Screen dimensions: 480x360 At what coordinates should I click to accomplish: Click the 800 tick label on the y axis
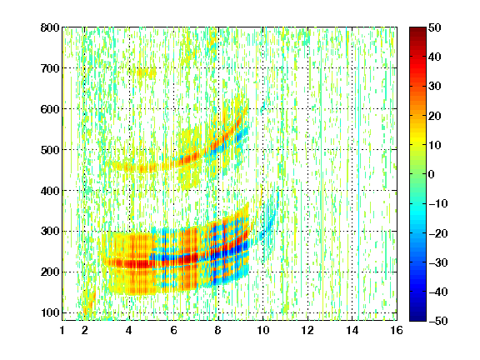click(50, 27)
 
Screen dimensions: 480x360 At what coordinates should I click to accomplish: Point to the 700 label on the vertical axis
click(50, 68)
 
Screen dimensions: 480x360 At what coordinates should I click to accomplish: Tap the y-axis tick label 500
click(50, 150)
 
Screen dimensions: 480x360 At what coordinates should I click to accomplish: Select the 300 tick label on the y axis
click(50, 231)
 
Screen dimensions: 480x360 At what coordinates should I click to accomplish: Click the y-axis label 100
click(50, 312)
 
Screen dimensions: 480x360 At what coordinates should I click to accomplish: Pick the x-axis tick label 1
click(62, 330)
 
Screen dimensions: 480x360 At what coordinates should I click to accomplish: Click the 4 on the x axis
click(129, 330)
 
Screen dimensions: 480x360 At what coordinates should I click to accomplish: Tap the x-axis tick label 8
click(218, 330)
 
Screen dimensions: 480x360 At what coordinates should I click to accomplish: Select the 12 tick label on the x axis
click(307, 330)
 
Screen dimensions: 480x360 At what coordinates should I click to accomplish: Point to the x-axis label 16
click(397, 330)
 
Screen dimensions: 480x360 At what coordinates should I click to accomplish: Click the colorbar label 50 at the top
click(435, 27)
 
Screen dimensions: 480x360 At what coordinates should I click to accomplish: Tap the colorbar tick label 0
click(432, 174)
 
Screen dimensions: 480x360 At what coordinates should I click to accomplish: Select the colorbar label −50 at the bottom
click(438, 321)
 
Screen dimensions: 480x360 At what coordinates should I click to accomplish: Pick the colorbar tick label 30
click(435, 87)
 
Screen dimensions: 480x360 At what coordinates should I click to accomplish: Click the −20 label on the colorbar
click(438, 233)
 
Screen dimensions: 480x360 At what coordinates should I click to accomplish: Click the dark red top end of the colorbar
click(417, 29)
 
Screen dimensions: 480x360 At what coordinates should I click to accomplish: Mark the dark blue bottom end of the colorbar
click(417, 318)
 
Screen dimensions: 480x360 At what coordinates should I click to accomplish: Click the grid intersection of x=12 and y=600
click(307, 108)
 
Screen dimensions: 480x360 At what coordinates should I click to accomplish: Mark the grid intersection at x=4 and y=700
click(129, 68)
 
